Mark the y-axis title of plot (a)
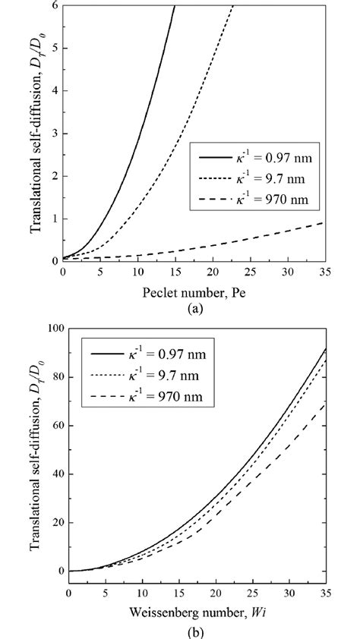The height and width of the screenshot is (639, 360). [35, 133]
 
